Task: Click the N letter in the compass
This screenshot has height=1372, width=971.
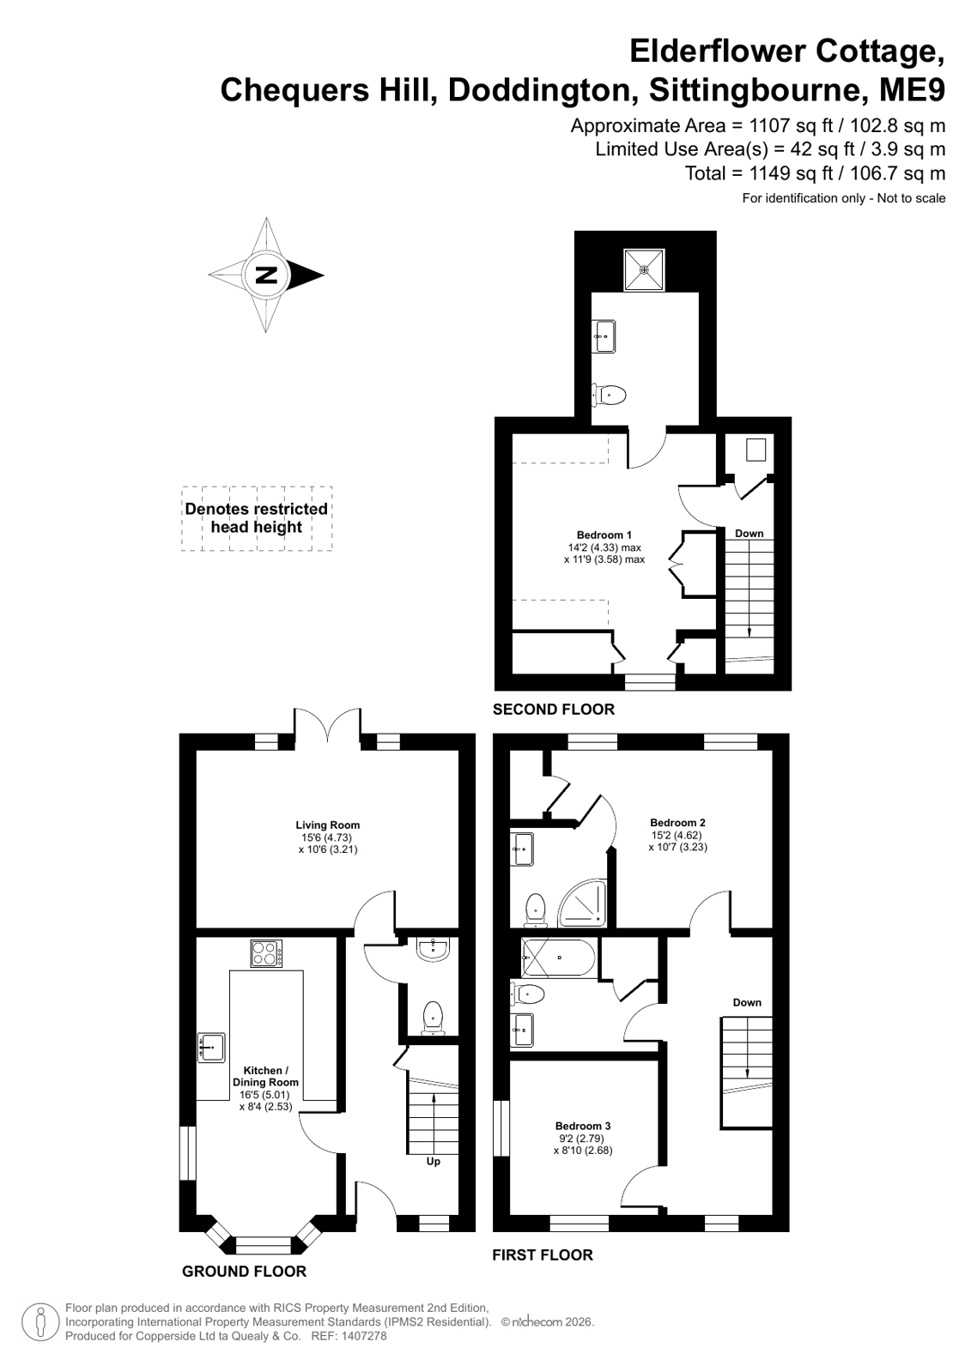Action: tap(266, 275)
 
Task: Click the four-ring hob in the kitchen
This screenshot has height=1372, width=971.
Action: tap(267, 953)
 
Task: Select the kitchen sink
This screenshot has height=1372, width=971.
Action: tap(211, 1048)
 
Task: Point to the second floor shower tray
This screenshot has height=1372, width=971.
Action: tap(644, 269)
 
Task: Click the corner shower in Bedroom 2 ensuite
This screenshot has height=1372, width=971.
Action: tap(582, 903)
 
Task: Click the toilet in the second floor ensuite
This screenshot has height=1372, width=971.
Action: tap(609, 395)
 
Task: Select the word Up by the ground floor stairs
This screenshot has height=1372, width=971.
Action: tap(434, 1161)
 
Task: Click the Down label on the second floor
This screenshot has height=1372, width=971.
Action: tap(749, 534)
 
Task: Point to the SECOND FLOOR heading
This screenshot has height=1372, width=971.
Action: tap(554, 710)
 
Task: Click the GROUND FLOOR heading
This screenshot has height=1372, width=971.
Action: tap(244, 1272)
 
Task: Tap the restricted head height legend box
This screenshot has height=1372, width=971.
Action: tap(257, 519)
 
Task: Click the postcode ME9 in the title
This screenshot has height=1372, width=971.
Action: tap(913, 90)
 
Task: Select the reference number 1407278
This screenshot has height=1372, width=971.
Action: tap(366, 1336)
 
